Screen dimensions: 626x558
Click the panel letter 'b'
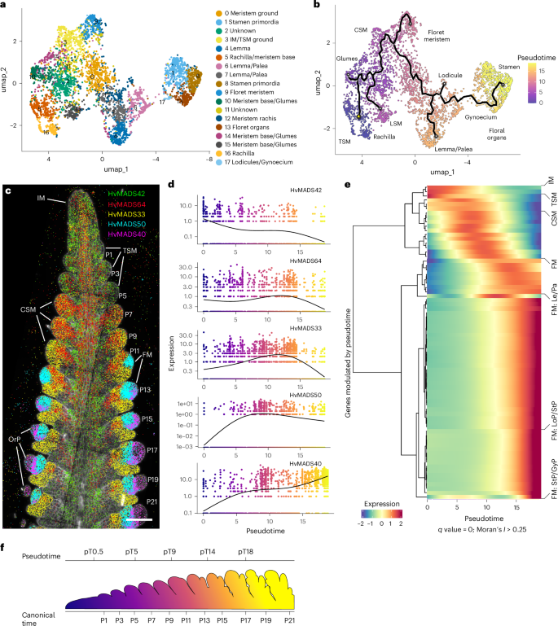click(x=315, y=6)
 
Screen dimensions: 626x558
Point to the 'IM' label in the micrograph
click(x=41, y=198)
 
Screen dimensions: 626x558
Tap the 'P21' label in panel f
click(x=288, y=620)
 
